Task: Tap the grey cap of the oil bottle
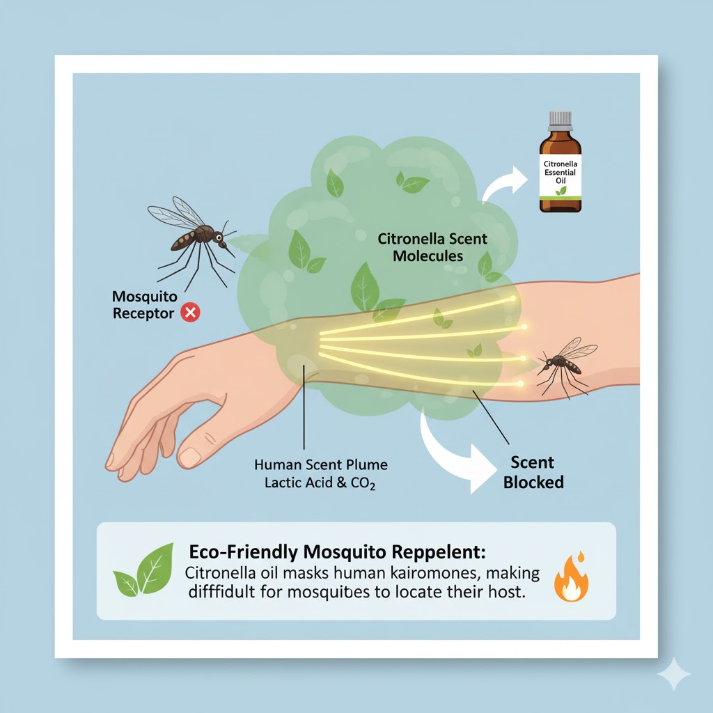pyautogui.click(x=561, y=120)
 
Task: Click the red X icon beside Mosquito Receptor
pyautogui.click(x=189, y=313)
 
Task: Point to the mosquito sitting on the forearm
pyautogui.click(x=564, y=365)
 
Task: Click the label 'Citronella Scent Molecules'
pyautogui.click(x=432, y=247)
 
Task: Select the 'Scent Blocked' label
pyautogui.click(x=533, y=472)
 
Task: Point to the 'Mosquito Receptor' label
pyautogui.click(x=143, y=305)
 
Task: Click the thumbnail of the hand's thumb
pyautogui.click(x=189, y=457)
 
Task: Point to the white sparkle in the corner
pyautogui.click(x=673, y=674)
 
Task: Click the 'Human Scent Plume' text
pyautogui.click(x=321, y=464)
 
